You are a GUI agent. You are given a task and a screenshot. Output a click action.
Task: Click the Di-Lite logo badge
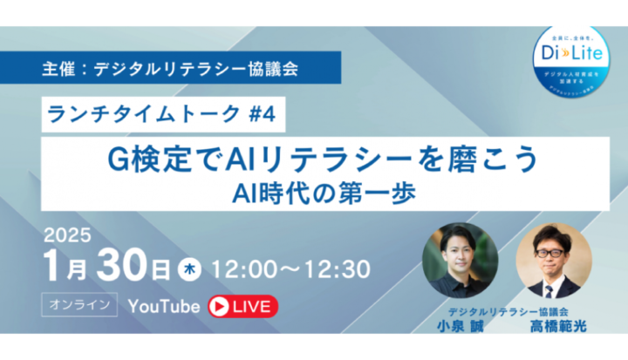pos(571,56)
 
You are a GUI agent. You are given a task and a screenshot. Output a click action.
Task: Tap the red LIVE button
pos(242,306)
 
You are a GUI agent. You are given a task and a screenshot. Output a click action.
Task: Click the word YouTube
pos(164,306)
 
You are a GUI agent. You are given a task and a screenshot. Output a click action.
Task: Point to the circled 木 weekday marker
pos(189,268)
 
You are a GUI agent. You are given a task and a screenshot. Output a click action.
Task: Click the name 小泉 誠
pos(459,327)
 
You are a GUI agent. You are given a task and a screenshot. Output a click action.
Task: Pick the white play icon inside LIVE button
pos(220,306)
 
